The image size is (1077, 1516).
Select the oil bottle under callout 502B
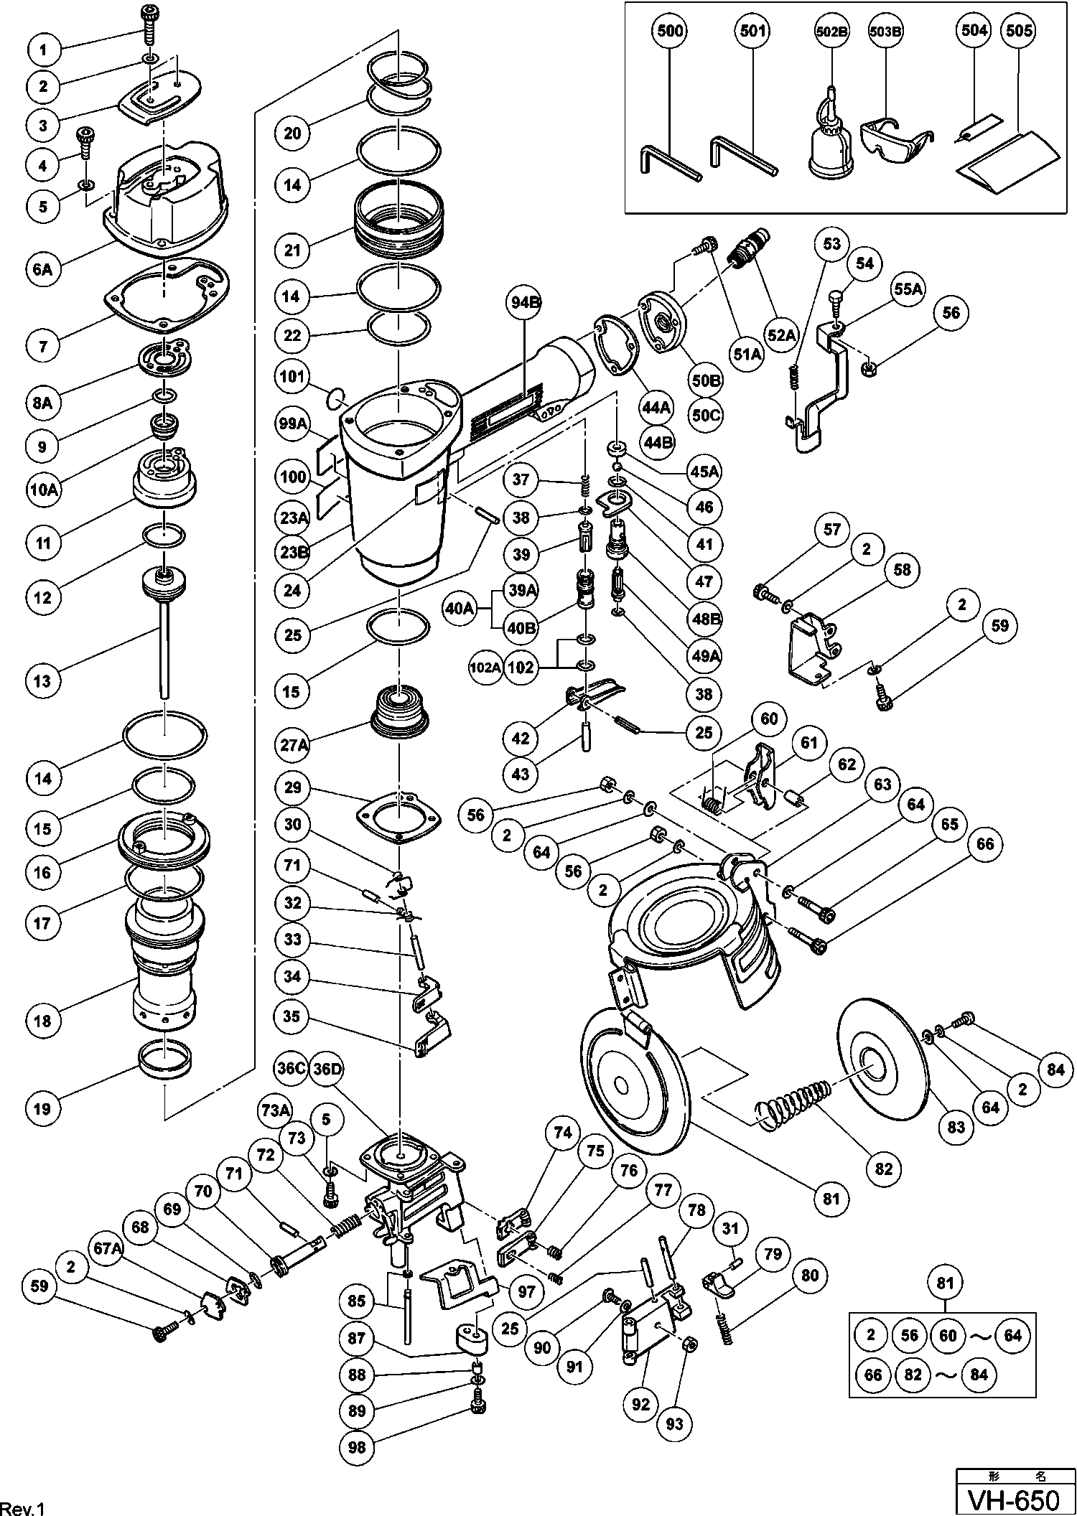click(831, 144)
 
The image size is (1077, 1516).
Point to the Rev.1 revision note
click(24, 1508)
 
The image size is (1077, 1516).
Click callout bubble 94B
click(526, 302)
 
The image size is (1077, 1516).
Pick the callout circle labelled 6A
click(44, 270)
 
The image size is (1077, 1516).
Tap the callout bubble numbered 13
click(44, 680)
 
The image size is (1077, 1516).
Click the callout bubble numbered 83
click(956, 1128)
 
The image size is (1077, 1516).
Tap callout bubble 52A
click(782, 334)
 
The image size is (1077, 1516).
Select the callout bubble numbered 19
click(43, 1108)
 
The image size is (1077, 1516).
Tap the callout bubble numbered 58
click(902, 569)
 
